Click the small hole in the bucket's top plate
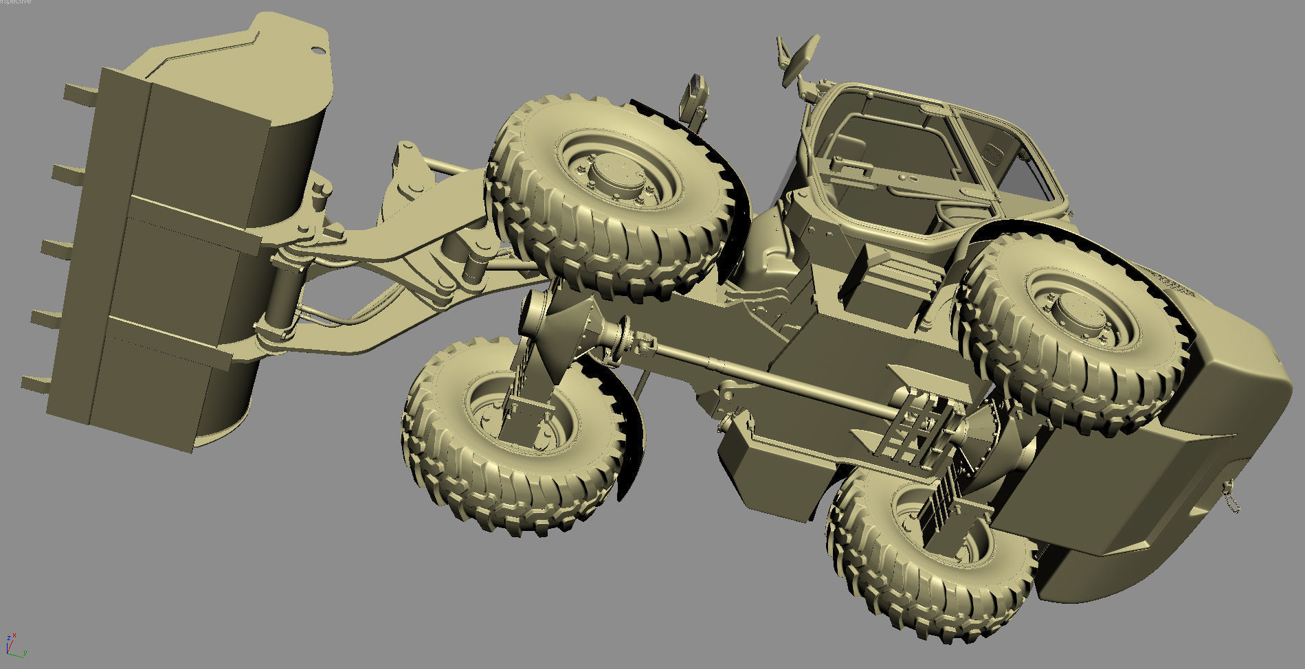pos(317,50)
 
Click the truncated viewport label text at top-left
pos(15,2)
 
